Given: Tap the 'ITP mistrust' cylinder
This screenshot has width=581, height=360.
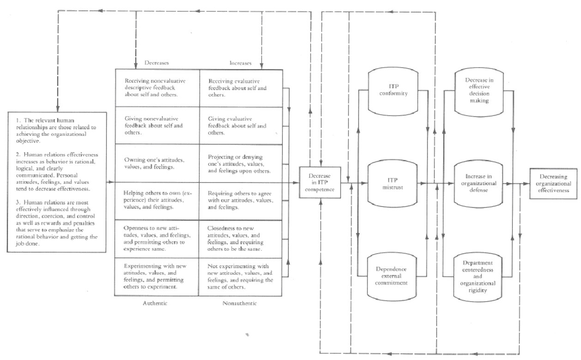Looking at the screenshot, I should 393,181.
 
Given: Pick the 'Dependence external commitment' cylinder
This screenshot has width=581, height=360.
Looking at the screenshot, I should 393,276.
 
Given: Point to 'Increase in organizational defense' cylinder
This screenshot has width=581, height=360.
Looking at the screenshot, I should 478,181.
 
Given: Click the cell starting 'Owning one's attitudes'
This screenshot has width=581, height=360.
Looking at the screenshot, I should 157,164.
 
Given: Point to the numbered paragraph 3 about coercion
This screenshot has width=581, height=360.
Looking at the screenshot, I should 58,225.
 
